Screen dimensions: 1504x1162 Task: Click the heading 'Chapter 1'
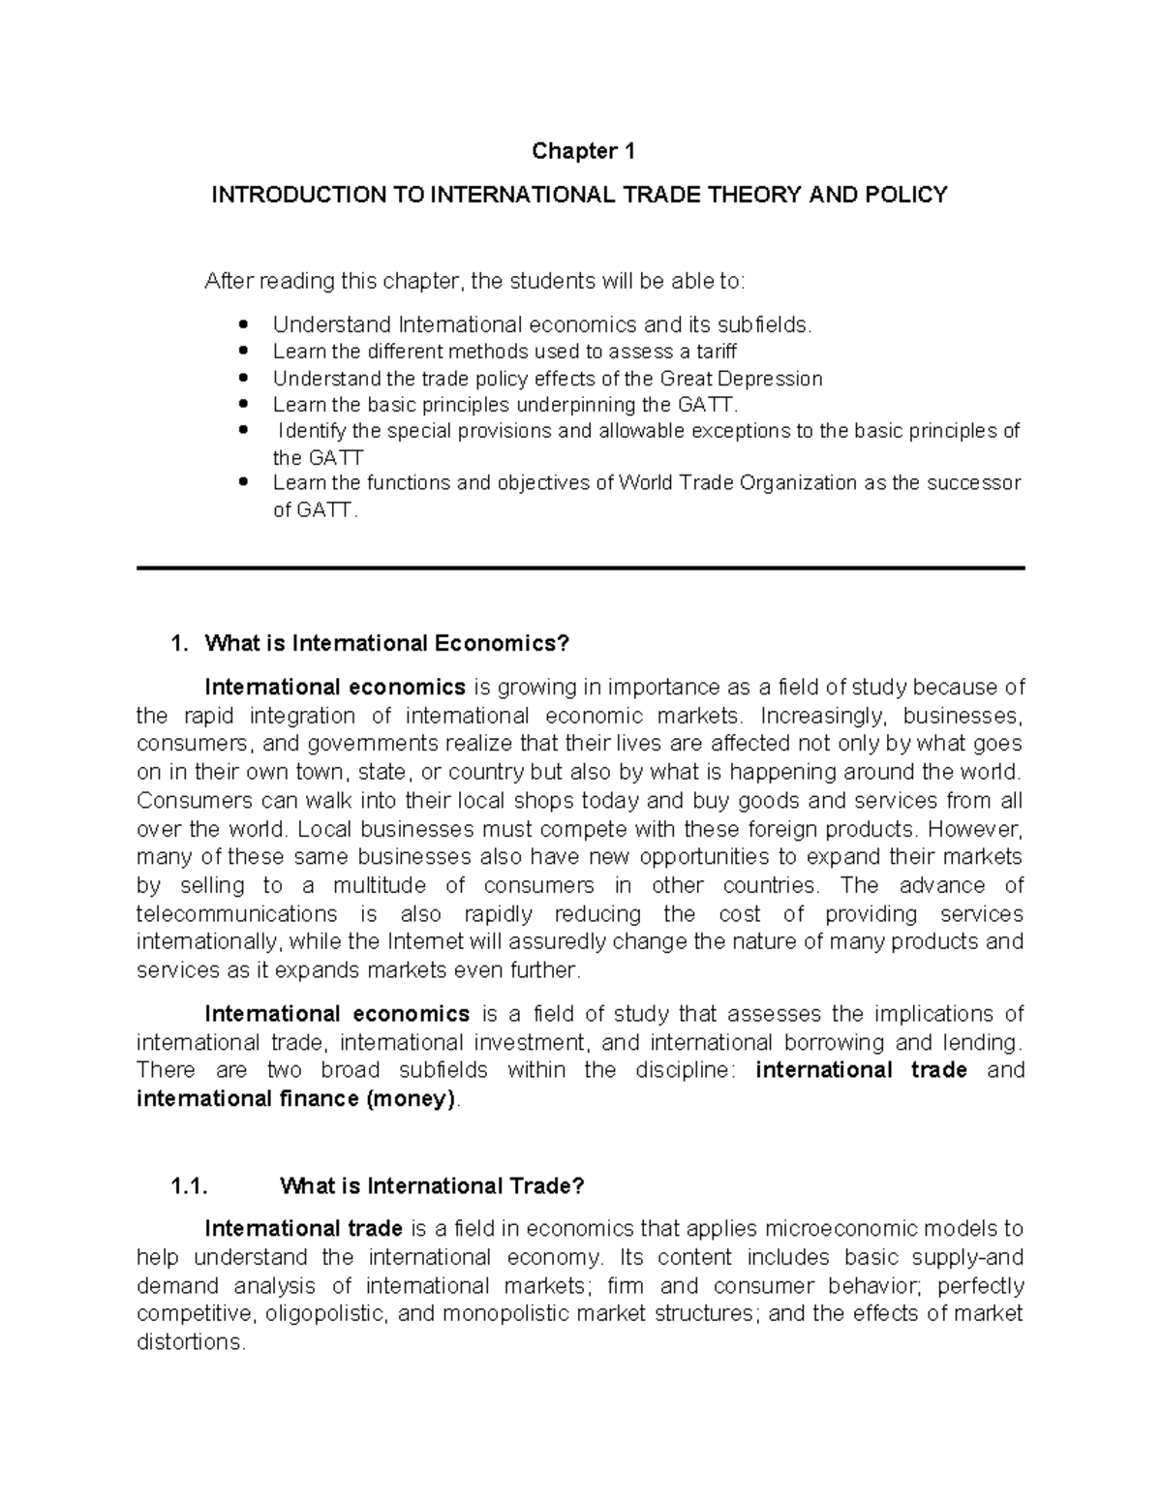point(581,151)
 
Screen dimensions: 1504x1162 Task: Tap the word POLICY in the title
point(904,196)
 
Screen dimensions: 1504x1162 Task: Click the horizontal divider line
point(581,568)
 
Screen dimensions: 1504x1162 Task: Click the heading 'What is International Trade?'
point(432,1186)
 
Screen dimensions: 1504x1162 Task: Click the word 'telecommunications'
point(236,914)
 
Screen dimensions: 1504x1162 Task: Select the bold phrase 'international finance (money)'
point(296,1099)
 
